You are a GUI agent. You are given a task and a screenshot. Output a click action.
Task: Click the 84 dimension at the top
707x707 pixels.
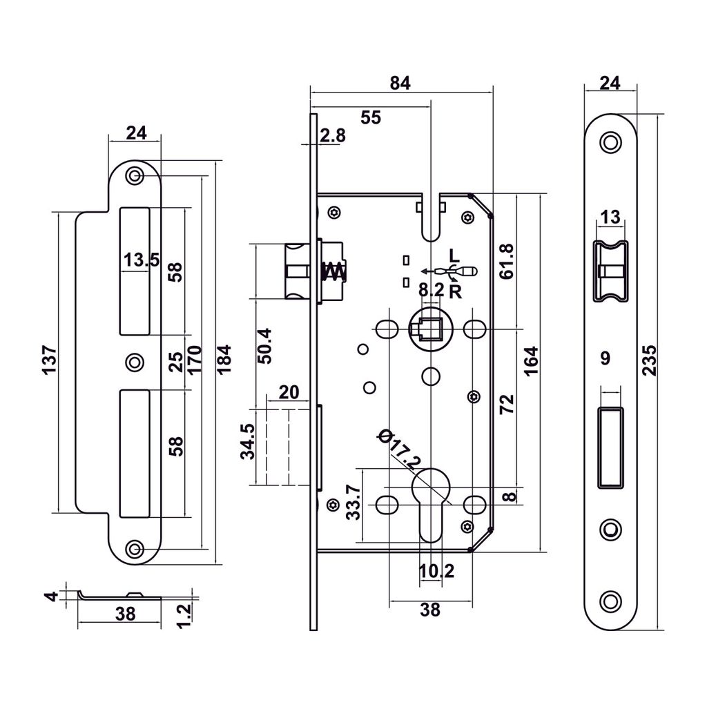[x=400, y=83]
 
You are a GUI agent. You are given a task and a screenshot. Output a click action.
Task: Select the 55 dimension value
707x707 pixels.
[x=371, y=117]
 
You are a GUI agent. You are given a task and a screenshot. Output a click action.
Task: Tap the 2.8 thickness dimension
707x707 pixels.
[x=333, y=135]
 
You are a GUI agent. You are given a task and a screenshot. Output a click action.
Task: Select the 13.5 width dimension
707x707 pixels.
[x=142, y=260]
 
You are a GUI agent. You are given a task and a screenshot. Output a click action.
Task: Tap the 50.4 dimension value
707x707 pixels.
[x=264, y=345]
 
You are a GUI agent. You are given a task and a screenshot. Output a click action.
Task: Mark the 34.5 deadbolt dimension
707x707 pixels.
[x=246, y=442]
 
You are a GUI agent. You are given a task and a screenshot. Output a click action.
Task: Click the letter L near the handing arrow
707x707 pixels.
[x=452, y=253]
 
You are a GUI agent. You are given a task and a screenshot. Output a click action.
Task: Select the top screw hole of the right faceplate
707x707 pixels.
[x=609, y=142]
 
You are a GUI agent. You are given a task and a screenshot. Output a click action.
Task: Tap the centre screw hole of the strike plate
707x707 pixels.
[x=135, y=361]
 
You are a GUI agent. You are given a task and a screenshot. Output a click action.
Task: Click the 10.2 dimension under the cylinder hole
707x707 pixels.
[x=436, y=572]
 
